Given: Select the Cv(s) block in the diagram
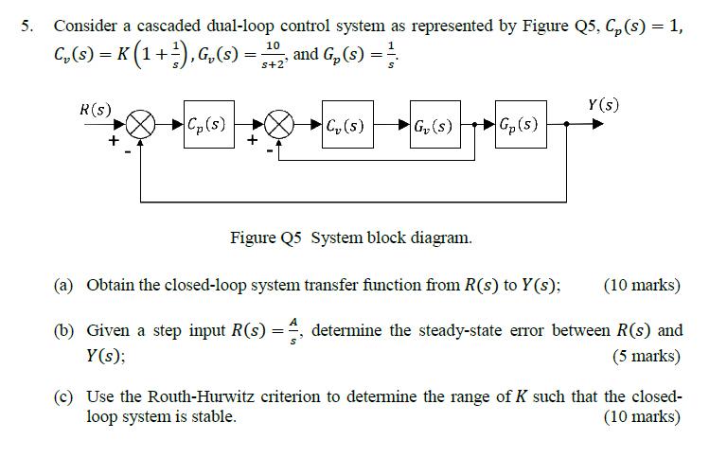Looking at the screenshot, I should (x=345, y=124).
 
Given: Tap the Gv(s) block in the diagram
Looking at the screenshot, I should (x=434, y=124).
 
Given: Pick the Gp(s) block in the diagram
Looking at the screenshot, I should (x=519, y=124).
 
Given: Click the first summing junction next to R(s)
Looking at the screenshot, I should (x=141, y=125).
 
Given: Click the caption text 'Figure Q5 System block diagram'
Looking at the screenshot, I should (x=350, y=237).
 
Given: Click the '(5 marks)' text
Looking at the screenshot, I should (x=646, y=357).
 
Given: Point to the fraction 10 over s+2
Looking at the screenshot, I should (x=273, y=53).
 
